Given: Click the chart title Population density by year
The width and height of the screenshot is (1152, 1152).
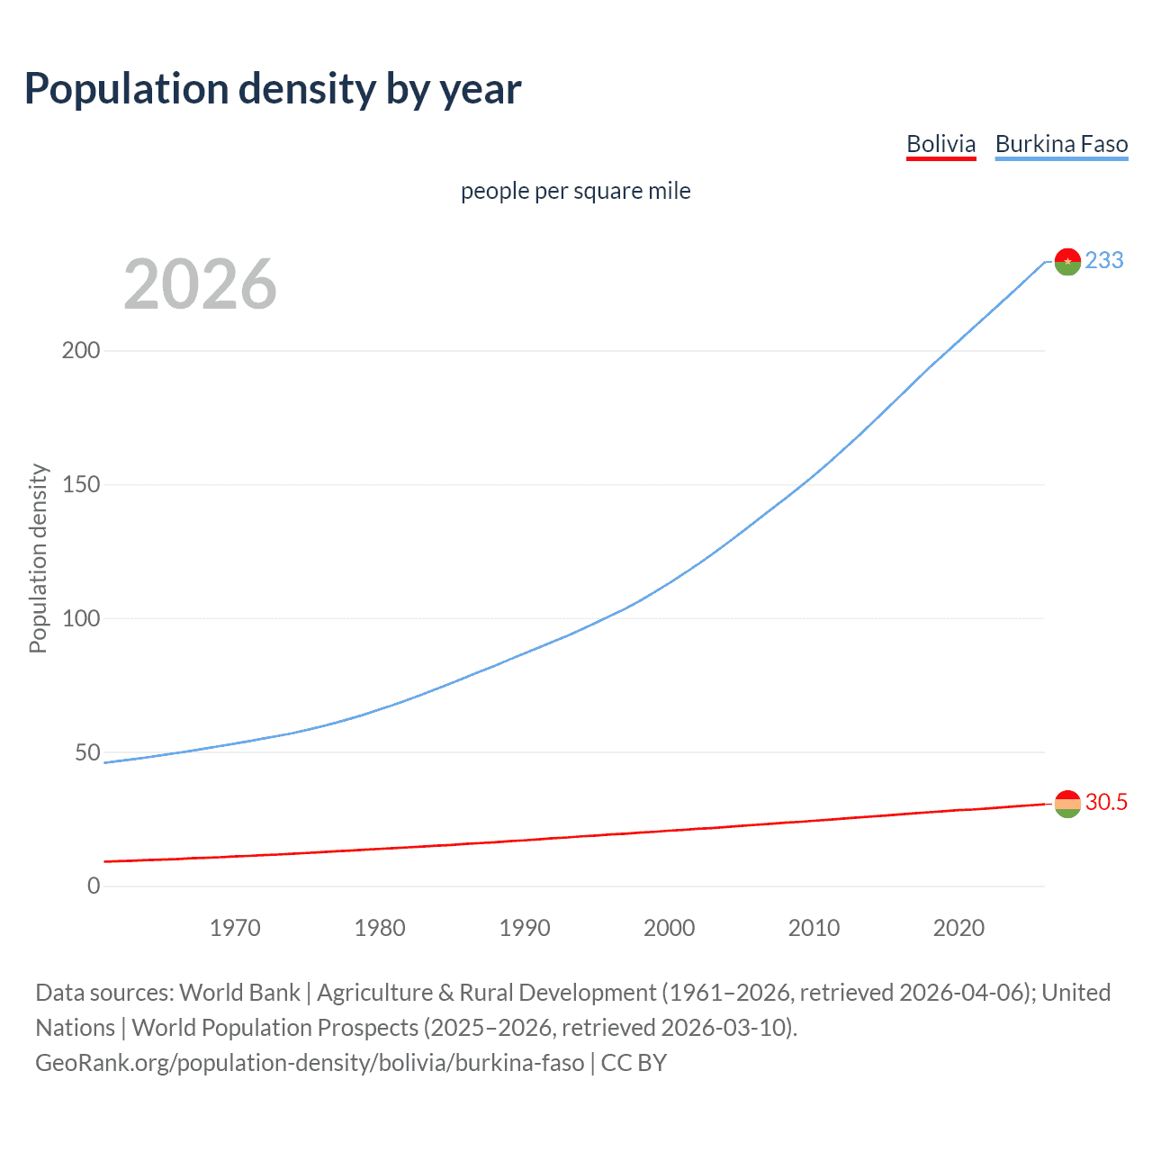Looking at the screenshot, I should point(273,89).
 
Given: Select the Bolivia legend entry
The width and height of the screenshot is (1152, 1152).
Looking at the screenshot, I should point(940,144).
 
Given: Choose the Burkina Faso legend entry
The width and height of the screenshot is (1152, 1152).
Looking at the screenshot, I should point(1061,144).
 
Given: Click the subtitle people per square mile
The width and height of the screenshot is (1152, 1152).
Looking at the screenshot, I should point(575,191).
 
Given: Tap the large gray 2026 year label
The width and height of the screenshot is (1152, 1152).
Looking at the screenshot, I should point(200,284).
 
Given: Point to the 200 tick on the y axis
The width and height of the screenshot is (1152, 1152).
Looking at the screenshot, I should point(81,350).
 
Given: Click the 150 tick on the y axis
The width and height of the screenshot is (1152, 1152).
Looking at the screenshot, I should point(81,484).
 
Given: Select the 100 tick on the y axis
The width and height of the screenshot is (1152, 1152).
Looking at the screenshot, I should point(81,618).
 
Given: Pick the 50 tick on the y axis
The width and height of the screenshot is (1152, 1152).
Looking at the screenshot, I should point(87,752).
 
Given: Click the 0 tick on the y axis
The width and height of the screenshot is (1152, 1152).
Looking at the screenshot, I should point(94,886).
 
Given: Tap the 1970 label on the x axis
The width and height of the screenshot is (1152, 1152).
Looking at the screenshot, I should point(235,928).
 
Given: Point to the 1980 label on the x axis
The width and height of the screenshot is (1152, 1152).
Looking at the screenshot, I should point(380,928).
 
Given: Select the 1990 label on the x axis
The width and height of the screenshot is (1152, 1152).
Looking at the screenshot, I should point(525,928).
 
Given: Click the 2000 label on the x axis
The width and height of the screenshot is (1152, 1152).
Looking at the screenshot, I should point(669,928).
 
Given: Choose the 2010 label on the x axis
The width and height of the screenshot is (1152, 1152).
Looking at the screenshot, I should point(814,928).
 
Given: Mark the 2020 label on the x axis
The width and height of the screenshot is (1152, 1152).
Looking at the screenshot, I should point(958,928).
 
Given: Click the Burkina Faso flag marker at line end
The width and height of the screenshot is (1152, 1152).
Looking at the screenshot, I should point(1067,262).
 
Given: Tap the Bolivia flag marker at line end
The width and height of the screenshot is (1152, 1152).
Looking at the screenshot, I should point(1067,804).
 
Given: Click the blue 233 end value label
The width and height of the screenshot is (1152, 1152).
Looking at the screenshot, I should point(1104,260).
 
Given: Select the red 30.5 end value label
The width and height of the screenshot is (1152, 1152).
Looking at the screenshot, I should point(1106,802).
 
